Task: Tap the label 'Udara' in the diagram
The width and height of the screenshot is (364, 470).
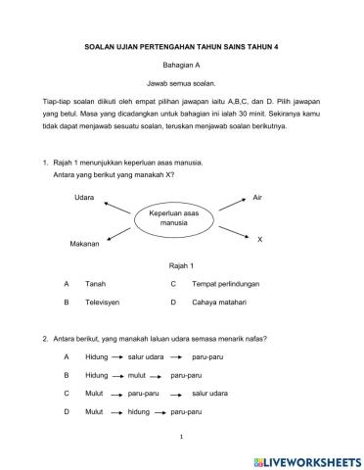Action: (x=84, y=197)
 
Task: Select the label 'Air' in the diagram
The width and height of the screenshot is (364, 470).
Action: (x=257, y=197)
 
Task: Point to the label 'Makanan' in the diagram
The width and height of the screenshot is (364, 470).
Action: (x=84, y=243)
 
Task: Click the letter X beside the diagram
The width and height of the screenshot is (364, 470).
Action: (x=259, y=239)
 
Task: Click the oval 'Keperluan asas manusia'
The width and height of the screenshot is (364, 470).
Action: (x=173, y=217)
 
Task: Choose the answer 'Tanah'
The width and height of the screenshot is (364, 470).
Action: (x=97, y=284)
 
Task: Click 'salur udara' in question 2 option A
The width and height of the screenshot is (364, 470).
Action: (x=147, y=356)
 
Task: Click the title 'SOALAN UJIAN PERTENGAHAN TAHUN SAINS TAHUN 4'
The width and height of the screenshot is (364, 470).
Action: (x=181, y=45)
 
